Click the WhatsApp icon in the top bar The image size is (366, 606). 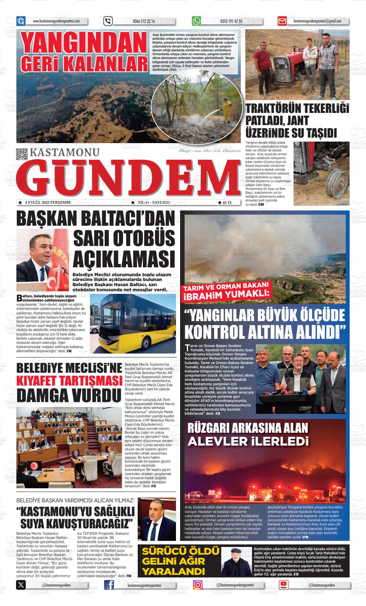tap(196, 21)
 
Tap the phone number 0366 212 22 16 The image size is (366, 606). tap(144, 21)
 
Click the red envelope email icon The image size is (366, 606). tap(282, 21)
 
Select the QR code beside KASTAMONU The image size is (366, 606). tap(22, 154)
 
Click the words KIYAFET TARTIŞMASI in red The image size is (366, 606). tap(68, 382)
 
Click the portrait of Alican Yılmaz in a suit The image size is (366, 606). tap(157, 520)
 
